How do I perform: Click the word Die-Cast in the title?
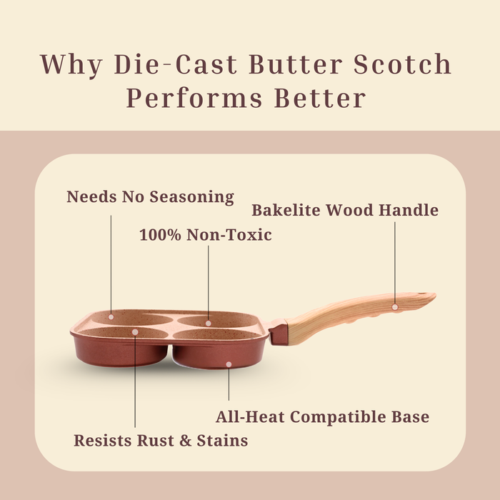coord(176,64)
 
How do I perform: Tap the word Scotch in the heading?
coord(402,64)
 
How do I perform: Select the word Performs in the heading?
coord(194,98)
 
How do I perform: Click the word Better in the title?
coord(320,98)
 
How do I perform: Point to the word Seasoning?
coord(192,197)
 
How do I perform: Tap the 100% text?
coord(161,235)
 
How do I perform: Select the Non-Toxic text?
coord(229,235)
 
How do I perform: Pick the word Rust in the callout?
coord(156,441)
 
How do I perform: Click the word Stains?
coord(222,441)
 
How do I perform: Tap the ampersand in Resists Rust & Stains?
coord(186,441)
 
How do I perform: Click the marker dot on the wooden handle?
coord(395,307)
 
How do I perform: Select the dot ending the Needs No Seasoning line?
coord(111,317)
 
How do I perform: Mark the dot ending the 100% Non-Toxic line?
coord(209,324)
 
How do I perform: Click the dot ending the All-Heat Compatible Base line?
coord(229,364)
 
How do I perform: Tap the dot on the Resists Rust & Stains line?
coord(135,332)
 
